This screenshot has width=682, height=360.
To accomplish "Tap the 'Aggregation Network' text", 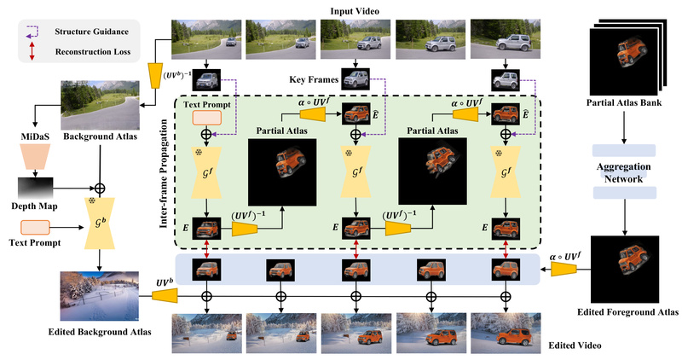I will [626, 166].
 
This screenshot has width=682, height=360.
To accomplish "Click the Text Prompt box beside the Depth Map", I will [34, 228].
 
